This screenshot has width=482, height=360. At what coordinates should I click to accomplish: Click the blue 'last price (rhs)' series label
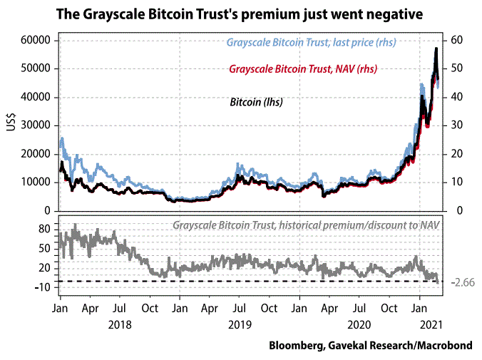pyautogui.click(x=311, y=43)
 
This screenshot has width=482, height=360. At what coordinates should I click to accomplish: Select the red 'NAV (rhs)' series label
pyautogui.click(x=302, y=69)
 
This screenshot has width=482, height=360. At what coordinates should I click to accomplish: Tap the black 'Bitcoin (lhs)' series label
pyautogui.click(x=257, y=102)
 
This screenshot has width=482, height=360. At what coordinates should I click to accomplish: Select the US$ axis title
pyautogui.click(x=11, y=125)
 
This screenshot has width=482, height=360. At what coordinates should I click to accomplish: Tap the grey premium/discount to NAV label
pyautogui.click(x=306, y=225)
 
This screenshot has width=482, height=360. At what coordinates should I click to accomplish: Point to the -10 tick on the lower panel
pyautogui.click(x=44, y=287)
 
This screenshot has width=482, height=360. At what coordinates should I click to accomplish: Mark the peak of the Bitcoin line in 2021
pyautogui.click(x=436, y=48)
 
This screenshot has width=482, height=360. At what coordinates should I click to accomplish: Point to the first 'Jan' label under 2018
pyautogui.click(x=60, y=311)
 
